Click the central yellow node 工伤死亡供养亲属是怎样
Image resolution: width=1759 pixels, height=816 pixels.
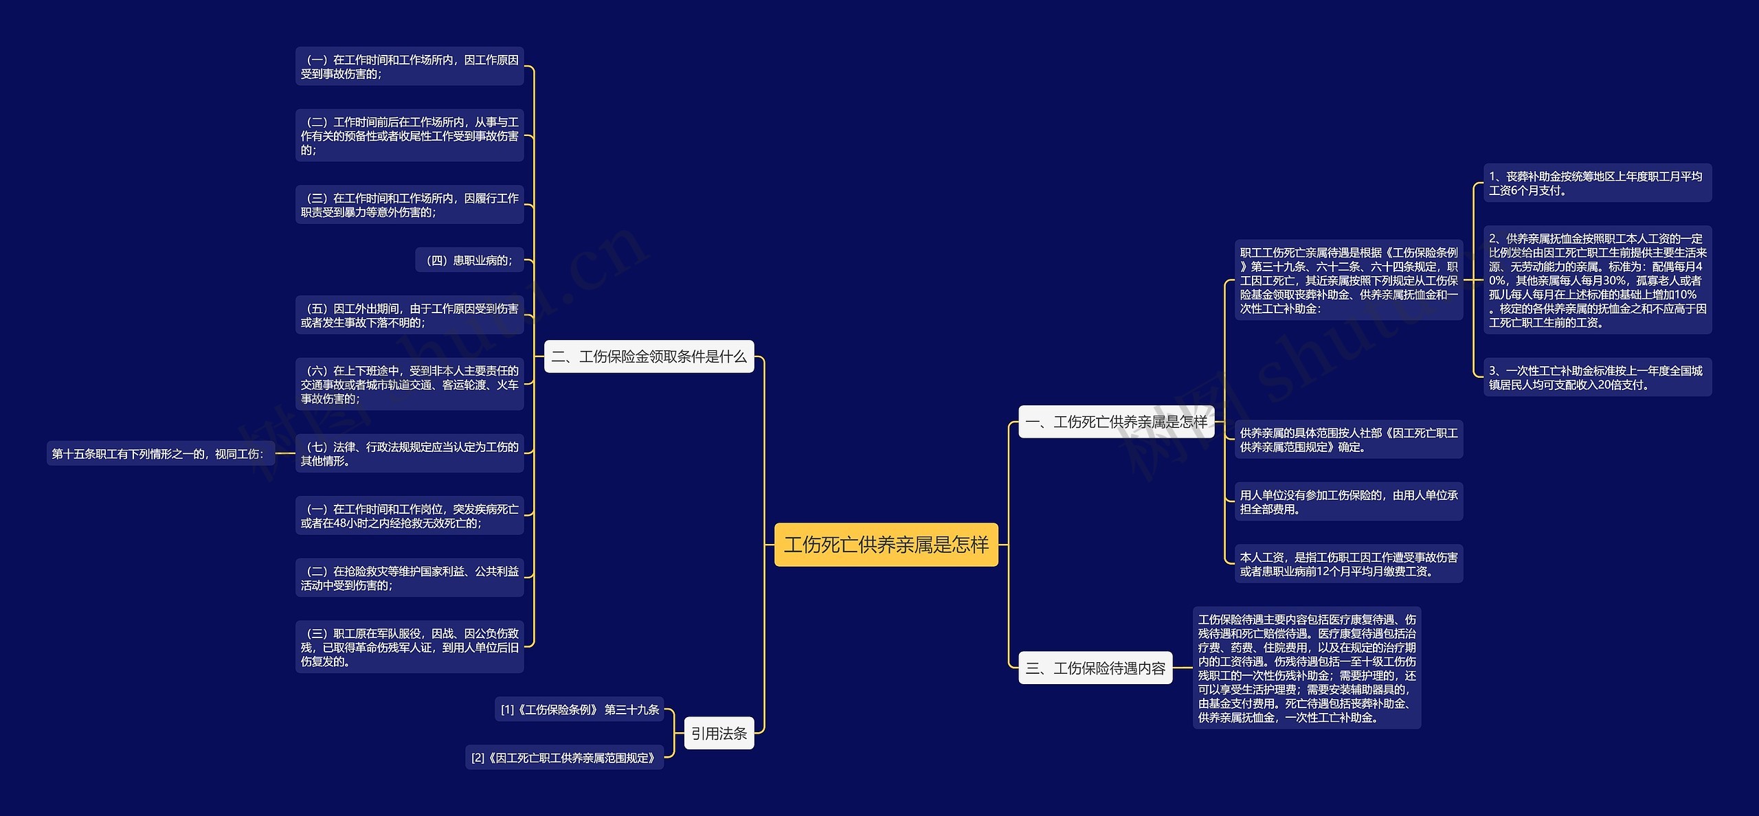[x=886, y=545]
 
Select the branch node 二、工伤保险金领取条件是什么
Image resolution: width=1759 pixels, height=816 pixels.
[x=649, y=356]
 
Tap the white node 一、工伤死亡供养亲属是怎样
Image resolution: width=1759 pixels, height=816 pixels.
[x=1116, y=422]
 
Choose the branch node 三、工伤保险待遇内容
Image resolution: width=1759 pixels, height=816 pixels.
[x=1095, y=668]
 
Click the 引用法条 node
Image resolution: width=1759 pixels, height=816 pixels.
[x=719, y=734]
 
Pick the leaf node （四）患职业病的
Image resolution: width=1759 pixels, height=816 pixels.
[x=469, y=260]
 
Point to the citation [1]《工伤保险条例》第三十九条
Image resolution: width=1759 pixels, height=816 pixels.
[x=579, y=710]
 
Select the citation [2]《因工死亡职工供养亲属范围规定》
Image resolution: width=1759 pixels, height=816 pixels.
[x=563, y=758]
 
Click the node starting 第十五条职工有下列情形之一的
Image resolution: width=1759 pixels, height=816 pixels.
[x=159, y=453]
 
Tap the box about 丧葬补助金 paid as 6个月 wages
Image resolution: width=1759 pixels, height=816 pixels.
[x=1597, y=183]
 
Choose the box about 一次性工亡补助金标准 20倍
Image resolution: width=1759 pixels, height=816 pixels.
[x=1597, y=378]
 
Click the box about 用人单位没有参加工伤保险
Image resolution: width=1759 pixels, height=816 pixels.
[x=1348, y=502]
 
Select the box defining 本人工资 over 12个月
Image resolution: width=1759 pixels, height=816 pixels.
[x=1348, y=564]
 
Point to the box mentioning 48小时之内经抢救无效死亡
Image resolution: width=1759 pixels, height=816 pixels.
[x=410, y=516]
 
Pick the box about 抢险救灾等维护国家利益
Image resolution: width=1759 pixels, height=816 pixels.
[x=410, y=578]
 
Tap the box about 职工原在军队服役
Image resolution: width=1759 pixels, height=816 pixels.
[x=410, y=647]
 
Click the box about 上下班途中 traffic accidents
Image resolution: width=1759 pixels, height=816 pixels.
[x=410, y=385]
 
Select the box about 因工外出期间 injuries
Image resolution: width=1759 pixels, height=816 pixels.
[x=410, y=315]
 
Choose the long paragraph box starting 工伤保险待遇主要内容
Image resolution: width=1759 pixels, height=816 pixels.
[x=1306, y=668]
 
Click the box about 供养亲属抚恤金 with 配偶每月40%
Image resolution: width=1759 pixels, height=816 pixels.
[x=1597, y=280]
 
